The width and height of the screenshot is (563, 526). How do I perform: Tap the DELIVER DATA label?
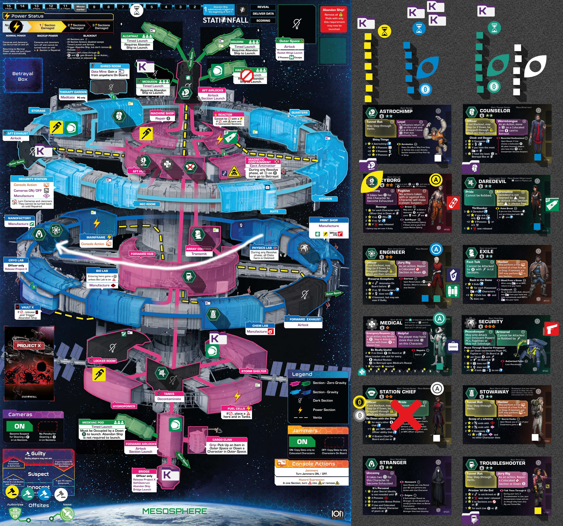tap(263, 14)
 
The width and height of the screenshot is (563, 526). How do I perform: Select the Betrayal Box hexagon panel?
tap(23, 76)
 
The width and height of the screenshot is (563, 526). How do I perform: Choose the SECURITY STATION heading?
tap(33, 179)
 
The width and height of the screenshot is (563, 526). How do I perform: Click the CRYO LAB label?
tap(16, 260)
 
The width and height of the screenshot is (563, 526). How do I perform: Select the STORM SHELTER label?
tap(254, 371)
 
